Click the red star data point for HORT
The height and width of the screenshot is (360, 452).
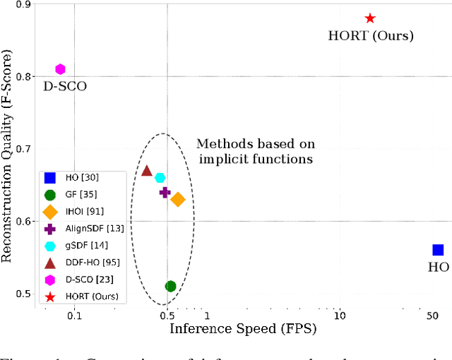point(369,18)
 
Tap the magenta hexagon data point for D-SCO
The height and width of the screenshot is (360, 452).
point(60,69)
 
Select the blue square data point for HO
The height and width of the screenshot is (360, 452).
point(438,250)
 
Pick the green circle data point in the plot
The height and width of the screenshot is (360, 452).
point(170,286)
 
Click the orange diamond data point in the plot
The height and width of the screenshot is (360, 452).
point(178,200)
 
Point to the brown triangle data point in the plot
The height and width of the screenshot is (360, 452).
point(147,171)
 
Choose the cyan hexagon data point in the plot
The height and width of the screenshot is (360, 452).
point(160,178)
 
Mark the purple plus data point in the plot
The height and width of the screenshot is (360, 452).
point(165,192)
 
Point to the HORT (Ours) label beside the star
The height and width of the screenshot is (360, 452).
point(371,35)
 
